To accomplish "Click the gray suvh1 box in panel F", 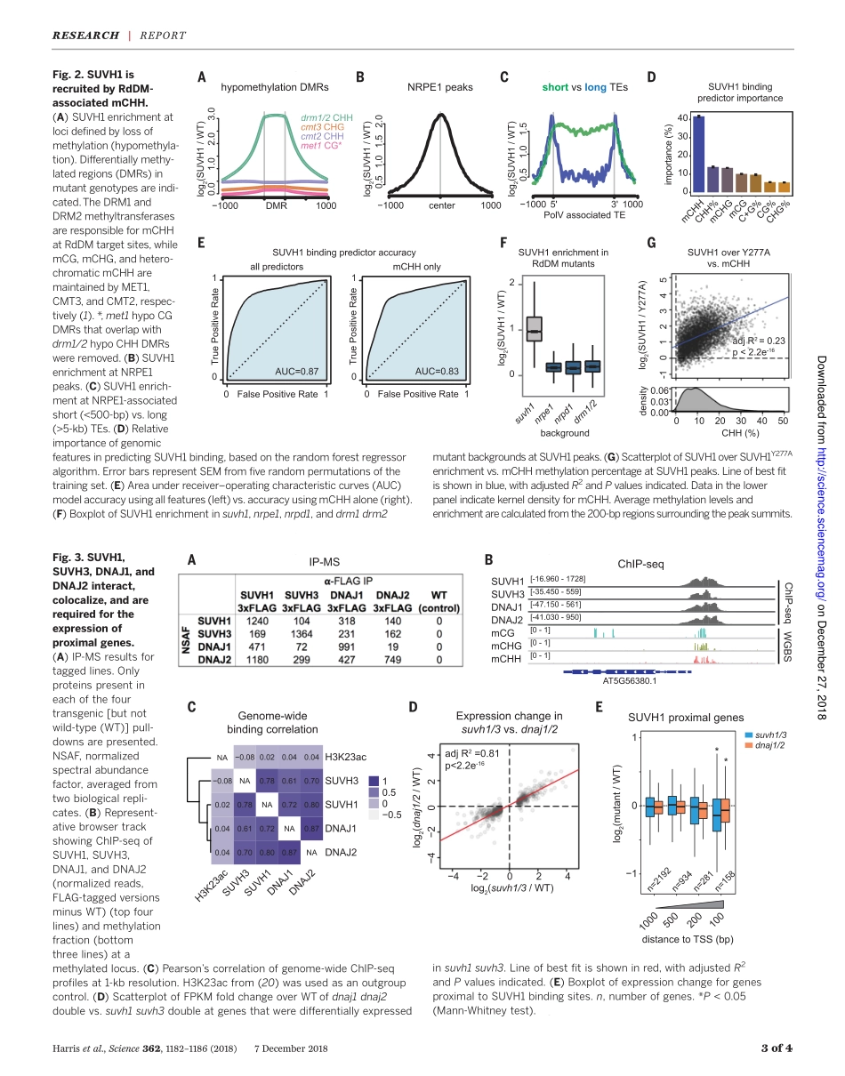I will point(534,329).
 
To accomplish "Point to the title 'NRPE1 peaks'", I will point(440,87).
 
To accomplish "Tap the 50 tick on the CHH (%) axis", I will point(782,421).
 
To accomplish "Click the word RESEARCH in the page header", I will point(85,36).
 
